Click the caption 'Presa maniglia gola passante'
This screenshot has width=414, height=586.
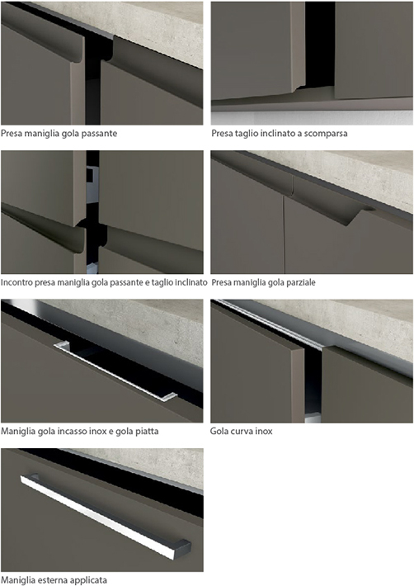[59, 134]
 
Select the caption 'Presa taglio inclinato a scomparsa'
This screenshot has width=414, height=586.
[280, 134]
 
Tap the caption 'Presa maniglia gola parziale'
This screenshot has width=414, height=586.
[264, 282]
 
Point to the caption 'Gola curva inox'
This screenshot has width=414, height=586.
[241, 432]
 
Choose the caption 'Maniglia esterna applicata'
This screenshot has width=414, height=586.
[54, 580]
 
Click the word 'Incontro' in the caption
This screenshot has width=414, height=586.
[16, 282]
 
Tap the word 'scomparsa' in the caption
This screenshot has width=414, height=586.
[326, 134]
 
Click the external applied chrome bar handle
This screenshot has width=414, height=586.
[106, 517]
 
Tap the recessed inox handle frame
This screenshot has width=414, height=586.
[115, 371]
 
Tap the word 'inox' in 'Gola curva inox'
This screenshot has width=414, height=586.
[263, 432]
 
